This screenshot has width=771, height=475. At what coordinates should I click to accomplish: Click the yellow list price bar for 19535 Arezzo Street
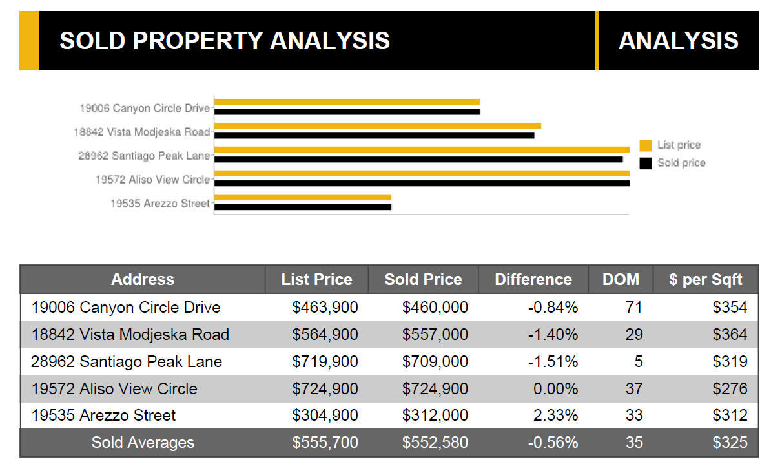(302, 197)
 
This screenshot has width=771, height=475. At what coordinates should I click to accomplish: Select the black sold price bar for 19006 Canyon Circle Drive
(347, 112)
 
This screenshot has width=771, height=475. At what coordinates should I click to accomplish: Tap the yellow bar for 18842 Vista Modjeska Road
(377, 125)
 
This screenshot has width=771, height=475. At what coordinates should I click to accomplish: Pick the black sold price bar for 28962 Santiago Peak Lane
(418, 159)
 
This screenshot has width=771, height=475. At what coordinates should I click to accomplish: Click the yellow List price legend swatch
(645, 145)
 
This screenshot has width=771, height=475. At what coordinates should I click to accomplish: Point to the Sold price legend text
(681, 163)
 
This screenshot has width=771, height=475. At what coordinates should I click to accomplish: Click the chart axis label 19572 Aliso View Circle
(152, 180)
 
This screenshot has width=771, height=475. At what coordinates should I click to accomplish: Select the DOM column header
(621, 280)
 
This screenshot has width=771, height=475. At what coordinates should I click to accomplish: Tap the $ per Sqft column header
(706, 280)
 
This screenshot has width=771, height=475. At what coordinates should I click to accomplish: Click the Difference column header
(533, 280)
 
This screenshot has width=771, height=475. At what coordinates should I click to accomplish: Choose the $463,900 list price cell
(325, 308)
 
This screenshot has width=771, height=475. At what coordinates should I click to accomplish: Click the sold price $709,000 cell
(435, 362)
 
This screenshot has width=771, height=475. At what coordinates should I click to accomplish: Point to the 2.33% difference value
(555, 416)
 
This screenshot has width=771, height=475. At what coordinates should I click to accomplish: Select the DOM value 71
(633, 308)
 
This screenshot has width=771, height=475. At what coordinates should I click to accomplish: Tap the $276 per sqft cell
(730, 389)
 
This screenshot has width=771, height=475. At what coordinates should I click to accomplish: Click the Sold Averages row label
(143, 443)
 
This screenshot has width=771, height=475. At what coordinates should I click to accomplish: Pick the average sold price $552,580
(435, 443)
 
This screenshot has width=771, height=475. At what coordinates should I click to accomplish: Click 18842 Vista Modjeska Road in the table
(130, 335)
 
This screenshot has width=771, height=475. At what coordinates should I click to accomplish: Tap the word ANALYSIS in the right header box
(678, 41)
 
